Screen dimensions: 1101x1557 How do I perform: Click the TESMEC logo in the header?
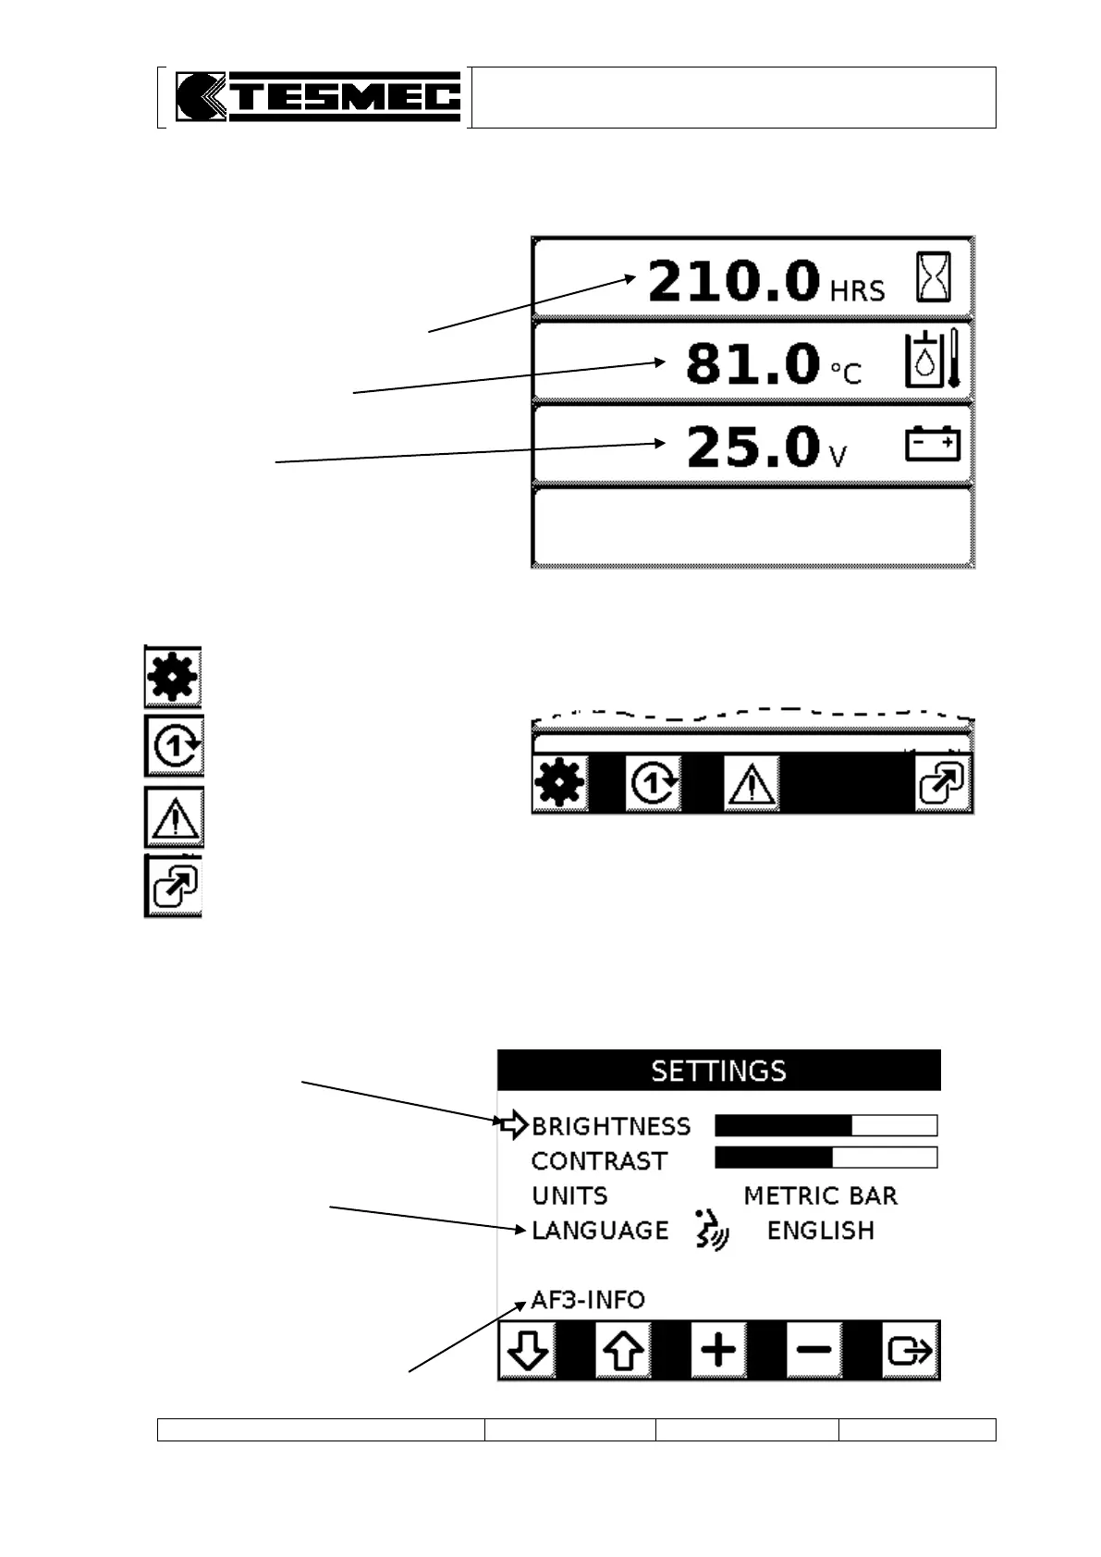[317, 97]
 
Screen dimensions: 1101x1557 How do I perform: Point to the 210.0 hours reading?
[733, 281]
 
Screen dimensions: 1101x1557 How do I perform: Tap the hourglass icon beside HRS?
[933, 276]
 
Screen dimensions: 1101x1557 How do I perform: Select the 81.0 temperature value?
[752, 363]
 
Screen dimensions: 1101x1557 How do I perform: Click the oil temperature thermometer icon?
[935, 361]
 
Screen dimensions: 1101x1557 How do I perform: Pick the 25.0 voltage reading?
[752, 447]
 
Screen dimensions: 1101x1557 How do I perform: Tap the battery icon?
[931, 444]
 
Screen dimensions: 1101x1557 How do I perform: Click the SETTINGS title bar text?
[718, 1071]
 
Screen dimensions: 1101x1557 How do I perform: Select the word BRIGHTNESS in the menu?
[611, 1126]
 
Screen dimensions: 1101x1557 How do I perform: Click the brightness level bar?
[826, 1125]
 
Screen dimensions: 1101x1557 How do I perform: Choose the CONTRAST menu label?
[599, 1161]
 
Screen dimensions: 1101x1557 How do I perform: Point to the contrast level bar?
[826, 1158]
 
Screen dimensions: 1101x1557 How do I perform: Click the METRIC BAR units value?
[820, 1196]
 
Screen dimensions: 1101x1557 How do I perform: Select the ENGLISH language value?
[820, 1232]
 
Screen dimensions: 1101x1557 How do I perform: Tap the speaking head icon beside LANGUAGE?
[711, 1231]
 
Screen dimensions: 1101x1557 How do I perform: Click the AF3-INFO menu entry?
[588, 1300]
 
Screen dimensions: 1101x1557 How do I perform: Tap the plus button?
[718, 1351]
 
